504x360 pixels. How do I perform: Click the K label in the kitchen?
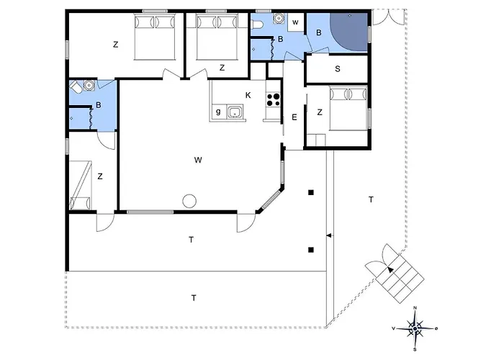[x=248, y=95]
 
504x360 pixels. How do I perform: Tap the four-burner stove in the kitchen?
[x=273, y=99]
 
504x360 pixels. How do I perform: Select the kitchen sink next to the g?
[x=235, y=112]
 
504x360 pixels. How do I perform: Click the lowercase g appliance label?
[x=219, y=112]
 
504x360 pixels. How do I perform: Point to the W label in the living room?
[x=198, y=160]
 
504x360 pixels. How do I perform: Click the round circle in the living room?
[x=189, y=201]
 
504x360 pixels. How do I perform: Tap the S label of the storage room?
[x=338, y=69]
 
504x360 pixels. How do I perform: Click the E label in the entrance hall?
[x=294, y=117]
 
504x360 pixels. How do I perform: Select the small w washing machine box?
[x=295, y=22]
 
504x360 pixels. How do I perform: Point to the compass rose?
[x=415, y=328]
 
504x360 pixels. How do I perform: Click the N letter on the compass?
[x=415, y=308]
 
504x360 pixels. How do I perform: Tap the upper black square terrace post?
[x=311, y=192]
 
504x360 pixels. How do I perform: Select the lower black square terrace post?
[x=311, y=250]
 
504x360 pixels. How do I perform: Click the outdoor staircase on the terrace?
[x=400, y=279]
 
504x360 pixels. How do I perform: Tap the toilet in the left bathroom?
[x=76, y=86]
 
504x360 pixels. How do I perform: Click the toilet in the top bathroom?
[x=258, y=24]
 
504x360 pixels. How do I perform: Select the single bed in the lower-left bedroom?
[x=81, y=186]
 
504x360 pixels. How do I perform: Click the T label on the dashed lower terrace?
[x=194, y=298]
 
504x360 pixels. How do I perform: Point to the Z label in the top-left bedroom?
[x=116, y=45]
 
